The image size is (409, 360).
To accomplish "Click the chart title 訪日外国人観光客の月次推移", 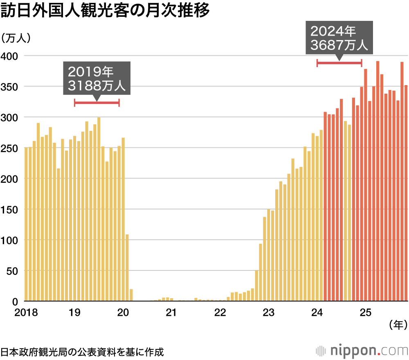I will (x=105, y=11).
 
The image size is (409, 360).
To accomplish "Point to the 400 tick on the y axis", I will (x=9, y=56).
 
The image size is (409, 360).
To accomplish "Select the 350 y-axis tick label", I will (x=9, y=86).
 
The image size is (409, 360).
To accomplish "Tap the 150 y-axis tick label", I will (x=9, y=209).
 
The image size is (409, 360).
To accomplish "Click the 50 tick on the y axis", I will (x=12, y=270).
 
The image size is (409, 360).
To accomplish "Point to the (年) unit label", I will (x=397, y=325).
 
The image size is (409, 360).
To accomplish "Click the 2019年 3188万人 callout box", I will (x=97, y=79).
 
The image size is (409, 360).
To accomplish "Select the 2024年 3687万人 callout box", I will (x=339, y=38).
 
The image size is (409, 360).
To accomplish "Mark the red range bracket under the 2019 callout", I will (x=97, y=103).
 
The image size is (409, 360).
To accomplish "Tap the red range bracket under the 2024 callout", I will (x=339, y=63).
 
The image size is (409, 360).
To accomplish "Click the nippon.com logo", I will (x=362, y=351).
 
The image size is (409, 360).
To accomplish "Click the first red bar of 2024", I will (x=325, y=207).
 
